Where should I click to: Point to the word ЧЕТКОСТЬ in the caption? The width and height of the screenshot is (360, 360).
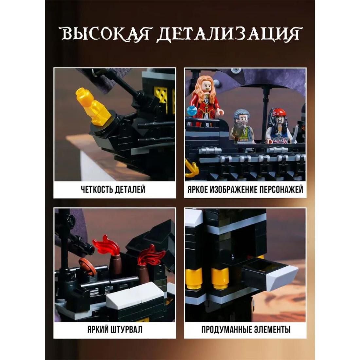[x=97, y=189]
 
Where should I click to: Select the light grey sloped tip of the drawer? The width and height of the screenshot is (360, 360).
[x=281, y=278]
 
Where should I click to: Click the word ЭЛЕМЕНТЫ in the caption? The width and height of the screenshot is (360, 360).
[x=272, y=329]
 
